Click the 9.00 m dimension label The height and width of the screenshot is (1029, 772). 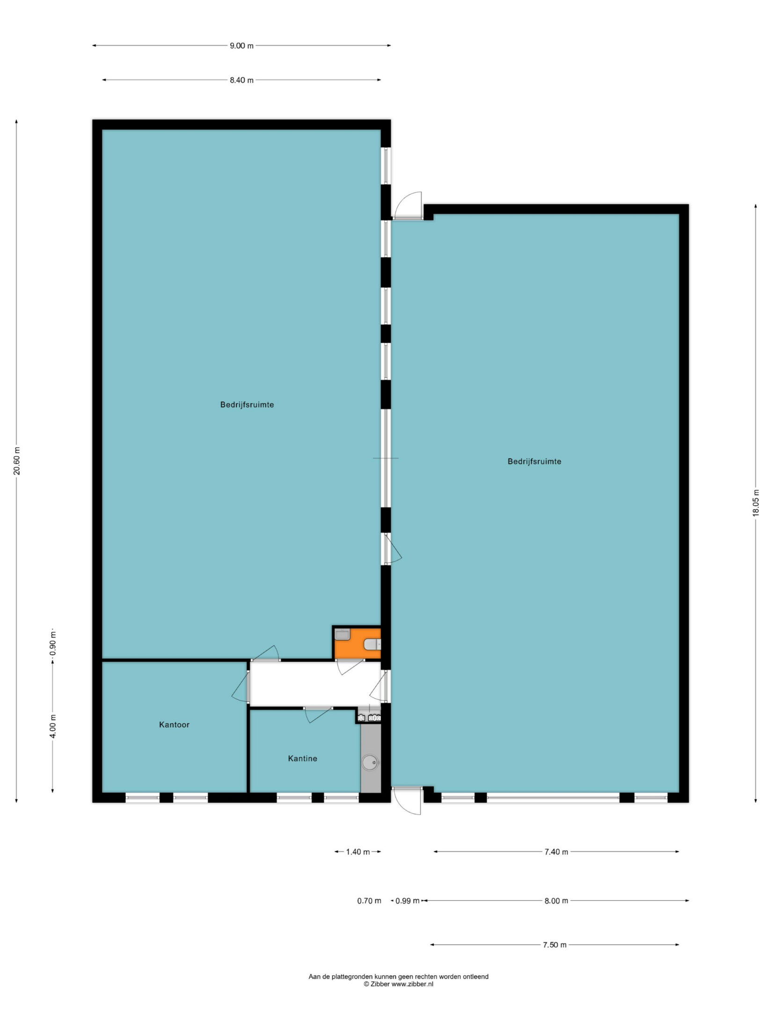(x=241, y=46)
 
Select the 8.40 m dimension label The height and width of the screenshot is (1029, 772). (x=241, y=80)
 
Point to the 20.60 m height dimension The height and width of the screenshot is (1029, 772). (x=17, y=461)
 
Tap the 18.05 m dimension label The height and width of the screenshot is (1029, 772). (x=756, y=502)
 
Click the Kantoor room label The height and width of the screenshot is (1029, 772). (x=174, y=725)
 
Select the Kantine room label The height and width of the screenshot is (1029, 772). (x=303, y=759)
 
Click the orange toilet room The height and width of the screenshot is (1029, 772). (x=357, y=643)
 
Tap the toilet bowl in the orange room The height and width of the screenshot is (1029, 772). (x=373, y=645)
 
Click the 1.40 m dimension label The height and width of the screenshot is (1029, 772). (x=358, y=852)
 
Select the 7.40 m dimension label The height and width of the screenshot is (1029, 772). (x=556, y=852)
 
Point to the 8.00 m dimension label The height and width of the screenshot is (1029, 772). (x=556, y=901)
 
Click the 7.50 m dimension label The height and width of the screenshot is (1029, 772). (x=554, y=945)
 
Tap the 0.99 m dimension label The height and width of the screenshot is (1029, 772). (x=408, y=901)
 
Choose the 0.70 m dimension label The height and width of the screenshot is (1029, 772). (x=369, y=901)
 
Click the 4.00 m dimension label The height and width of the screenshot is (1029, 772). (x=53, y=726)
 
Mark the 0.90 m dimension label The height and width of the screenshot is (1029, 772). (x=53, y=643)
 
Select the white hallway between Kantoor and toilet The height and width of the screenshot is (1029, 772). (x=315, y=683)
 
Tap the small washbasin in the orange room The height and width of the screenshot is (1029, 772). (x=342, y=635)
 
